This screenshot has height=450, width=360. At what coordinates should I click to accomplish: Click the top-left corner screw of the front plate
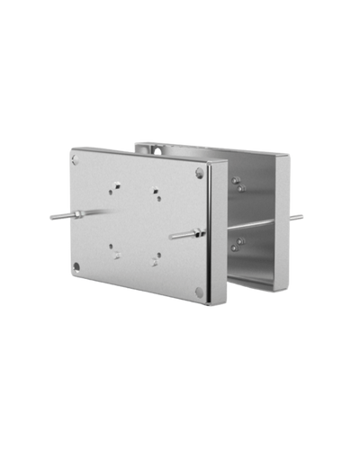click(76, 159)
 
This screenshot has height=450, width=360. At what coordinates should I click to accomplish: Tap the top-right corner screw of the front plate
click(199, 173)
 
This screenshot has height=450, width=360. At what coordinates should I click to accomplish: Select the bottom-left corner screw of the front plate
click(76, 265)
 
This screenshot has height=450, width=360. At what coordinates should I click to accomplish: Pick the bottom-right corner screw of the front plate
click(199, 291)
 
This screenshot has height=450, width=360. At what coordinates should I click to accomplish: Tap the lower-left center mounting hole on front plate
click(114, 251)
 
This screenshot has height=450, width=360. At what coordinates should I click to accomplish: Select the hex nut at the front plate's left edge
click(78, 214)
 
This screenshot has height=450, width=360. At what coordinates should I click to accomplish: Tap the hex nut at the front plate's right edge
click(198, 232)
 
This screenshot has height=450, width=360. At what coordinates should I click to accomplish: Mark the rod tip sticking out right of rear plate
click(302, 215)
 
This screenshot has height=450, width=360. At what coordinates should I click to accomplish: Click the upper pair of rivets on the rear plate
click(238, 184)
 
